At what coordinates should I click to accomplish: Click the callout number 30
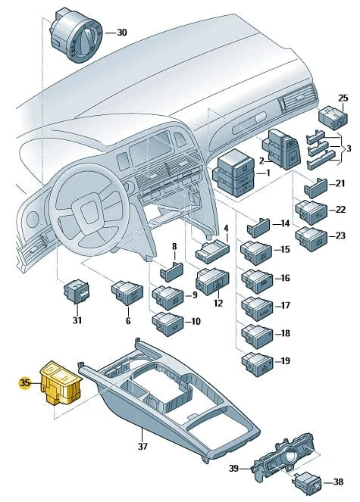point(121,33)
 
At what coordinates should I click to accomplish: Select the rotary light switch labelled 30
point(75,36)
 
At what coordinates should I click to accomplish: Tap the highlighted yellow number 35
point(24,382)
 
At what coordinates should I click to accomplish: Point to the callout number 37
point(143,446)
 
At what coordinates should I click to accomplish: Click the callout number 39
point(233,469)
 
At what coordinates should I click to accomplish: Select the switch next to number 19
point(257,364)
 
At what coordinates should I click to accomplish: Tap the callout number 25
point(343,98)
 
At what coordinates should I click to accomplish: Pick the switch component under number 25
point(333,118)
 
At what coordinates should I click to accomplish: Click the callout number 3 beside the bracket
point(349,148)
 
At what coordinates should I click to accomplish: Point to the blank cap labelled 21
point(315,189)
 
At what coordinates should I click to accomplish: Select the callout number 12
point(218,303)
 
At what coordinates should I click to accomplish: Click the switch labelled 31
point(77,292)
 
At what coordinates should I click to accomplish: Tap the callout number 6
point(128,320)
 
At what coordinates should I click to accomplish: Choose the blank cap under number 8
point(171,272)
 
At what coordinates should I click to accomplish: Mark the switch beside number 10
point(167,324)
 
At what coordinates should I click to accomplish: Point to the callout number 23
point(340,235)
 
